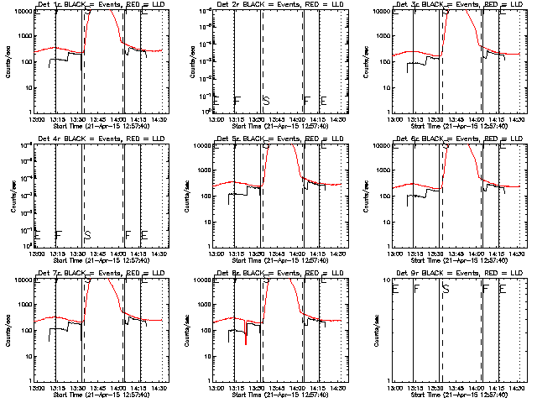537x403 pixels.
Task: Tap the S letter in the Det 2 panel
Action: (266, 101)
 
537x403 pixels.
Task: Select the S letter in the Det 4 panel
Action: (87, 234)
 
